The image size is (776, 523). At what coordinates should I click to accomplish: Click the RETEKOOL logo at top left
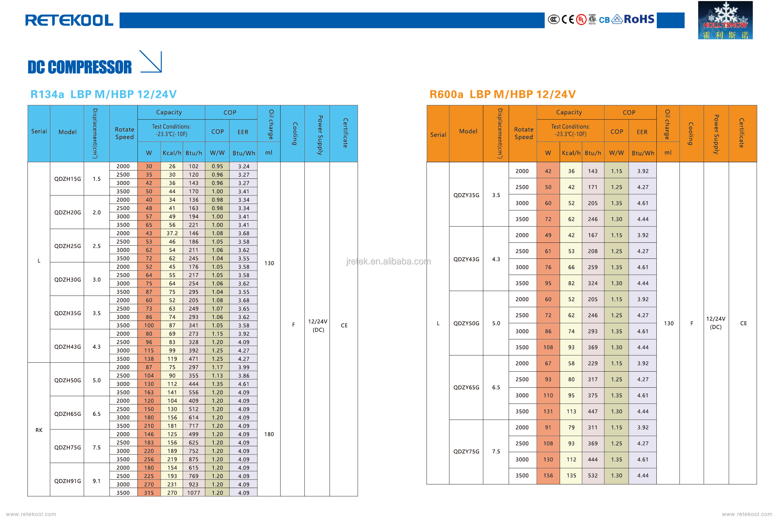[69, 20]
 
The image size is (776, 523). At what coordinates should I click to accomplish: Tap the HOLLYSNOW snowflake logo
[725, 20]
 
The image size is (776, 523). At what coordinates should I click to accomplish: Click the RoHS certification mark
[639, 19]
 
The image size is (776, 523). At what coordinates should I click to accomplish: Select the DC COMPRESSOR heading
[80, 67]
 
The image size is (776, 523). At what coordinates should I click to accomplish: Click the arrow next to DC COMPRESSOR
[151, 62]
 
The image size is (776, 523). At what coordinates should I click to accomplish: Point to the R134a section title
[104, 94]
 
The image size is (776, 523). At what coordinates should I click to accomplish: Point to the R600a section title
[502, 94]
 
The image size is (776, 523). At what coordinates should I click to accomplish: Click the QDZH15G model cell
[67, 179]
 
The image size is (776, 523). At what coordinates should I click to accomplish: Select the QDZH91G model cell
[67, 481]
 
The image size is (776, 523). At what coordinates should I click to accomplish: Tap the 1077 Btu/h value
[193, 493]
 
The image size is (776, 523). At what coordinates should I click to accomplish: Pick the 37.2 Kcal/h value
[172, 233]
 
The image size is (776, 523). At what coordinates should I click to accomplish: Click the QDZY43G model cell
[466, 259]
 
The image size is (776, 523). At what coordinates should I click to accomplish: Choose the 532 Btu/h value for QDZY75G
[593, 476]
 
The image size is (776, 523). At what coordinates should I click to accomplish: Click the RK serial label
[39, 430]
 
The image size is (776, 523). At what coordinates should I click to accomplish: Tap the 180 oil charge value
[269, 434]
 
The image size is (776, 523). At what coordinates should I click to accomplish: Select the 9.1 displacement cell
[96, 481]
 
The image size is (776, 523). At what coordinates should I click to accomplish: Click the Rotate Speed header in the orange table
[523, 133]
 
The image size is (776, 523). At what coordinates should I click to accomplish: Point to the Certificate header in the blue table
[345, 133]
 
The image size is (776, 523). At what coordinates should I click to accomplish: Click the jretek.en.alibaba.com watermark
[388, 262]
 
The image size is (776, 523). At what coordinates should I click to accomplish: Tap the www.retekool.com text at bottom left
[31, 514]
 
